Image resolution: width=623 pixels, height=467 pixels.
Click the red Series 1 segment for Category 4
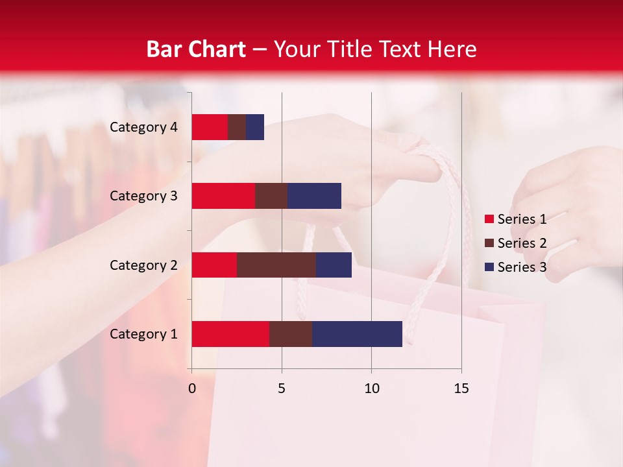(x=210, y=127)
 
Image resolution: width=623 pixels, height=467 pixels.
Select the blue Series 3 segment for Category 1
(x=357, y=334)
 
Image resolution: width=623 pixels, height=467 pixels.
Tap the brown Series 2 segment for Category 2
(x=276, y=265)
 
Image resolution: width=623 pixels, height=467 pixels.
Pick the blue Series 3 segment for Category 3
(x=314, y=196)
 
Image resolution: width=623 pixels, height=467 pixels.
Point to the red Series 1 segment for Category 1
(x=230, y=334)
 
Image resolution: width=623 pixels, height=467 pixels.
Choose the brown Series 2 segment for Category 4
(x=237, y=127)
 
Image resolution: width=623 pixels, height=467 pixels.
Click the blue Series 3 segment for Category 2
(x=334, y=265)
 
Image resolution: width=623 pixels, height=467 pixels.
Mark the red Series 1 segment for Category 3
(x=223, y=196)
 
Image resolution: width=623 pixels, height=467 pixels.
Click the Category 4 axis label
(x=143, y=127)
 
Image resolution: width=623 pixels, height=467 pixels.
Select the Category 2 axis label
(x=143, y=265)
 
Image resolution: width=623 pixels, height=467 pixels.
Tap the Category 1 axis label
(x=143, y=334)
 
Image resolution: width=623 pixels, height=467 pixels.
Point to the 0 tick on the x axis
(x=192, y=389)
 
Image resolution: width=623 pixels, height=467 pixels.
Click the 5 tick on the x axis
(x=282, y=389)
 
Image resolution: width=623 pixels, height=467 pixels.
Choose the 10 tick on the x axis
(x=371, y=389)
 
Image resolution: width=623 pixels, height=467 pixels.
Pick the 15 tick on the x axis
(x=461, y=389)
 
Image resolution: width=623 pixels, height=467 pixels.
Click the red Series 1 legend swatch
(x=489, y=219)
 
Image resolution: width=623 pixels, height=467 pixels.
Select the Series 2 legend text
(x=522, y=243)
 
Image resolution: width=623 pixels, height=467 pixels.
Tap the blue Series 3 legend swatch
(x=489, y=267)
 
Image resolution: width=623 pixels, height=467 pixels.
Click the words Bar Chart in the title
(x=195, y=49)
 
